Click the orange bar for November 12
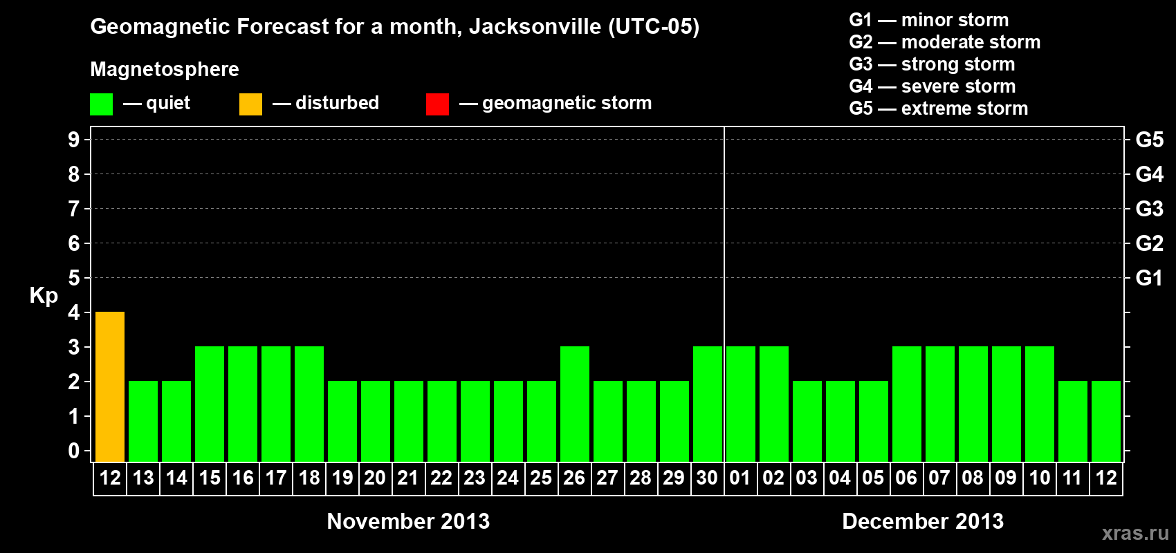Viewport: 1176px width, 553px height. pyautogui.click(x=110, y=386)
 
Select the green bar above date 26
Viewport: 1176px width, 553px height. pyautogui.click(x=575, y=404)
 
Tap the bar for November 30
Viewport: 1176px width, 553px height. pyautogui.click(x=708, y=404)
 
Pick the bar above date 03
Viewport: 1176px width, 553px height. pyautogui.click(x=807, y=421)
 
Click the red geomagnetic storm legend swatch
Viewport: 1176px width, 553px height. pyautogui.click(x=437, y=104)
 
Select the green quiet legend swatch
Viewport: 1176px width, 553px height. pyautogui.click(x=102, y=104)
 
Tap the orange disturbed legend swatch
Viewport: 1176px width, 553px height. pyautogui.click(x=250, y=104)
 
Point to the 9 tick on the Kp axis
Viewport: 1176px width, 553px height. pyautogui.click(x=74, y=140)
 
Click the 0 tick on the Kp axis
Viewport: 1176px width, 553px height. pyautogui.click(x=74, y=451)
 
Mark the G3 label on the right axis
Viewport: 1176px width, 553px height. pyautogui.click(x=1149, y=209)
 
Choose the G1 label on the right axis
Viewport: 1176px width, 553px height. pyautogui.click(x=1149, y=278)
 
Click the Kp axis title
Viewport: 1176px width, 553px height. pyautogui.click(x=44, y=296)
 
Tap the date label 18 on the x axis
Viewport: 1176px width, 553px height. pyautogui.click(x=309, y=478)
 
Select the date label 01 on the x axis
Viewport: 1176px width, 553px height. pyautogui.click(x=740, y=478)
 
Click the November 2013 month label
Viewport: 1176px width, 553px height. pyautogui.click(x=408, y=521)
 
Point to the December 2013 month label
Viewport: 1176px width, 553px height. pyautogui.click(x=923, y=521)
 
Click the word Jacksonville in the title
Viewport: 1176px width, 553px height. pyautogui.click(x=535, y=27)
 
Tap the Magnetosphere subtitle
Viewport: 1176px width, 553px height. pyautogui.click(x=165, y=69)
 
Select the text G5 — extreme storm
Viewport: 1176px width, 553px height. pyautogui.click(x=939, y=109)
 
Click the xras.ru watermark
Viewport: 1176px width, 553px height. pyautogui.click(x=1135, y=533)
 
